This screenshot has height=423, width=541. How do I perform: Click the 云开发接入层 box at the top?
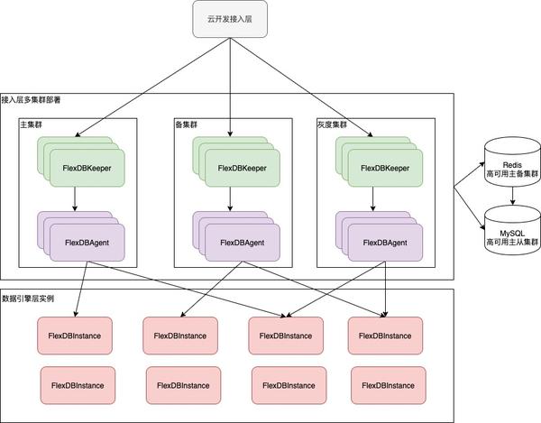click(230, 19)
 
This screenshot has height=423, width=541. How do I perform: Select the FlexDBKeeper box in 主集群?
click(87, 168)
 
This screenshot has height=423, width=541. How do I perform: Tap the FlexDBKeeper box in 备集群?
click(243, 168)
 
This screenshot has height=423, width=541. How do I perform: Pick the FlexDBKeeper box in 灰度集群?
click(385, 168)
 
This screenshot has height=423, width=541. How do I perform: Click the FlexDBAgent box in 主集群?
click(87, 243)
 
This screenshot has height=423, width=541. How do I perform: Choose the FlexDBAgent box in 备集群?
click(243, 243)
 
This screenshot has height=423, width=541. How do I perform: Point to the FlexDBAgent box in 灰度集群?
click(385, 243)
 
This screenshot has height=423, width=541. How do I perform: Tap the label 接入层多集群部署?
click(31, 100)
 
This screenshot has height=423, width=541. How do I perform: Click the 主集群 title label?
click(31, 124)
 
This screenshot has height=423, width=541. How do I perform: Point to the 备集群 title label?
click(187, 124)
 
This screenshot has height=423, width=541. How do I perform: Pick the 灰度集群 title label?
click(332, 124)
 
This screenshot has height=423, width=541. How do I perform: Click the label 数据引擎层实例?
click(28, 299)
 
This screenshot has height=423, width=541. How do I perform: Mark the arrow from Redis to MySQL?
click(513, 196)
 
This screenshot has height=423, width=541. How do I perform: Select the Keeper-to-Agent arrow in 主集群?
click(75, 199)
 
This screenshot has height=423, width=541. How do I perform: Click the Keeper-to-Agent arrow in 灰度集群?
click(372, 199)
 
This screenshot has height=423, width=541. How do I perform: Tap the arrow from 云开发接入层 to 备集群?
click(230, 87)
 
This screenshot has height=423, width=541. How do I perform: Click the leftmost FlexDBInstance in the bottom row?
click(78, 385)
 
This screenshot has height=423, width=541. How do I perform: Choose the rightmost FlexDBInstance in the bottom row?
click(389, 385)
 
